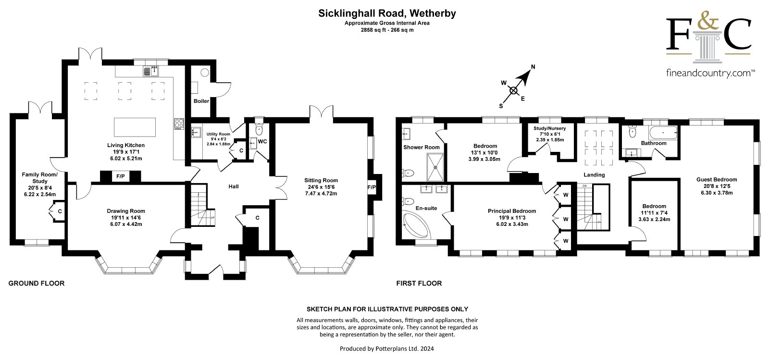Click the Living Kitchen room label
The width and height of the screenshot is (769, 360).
coord(125,145)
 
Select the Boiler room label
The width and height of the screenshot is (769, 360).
coord(201,101)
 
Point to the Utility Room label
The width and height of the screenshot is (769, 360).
coord(219,134)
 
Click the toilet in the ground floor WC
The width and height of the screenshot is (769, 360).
coord(259,129)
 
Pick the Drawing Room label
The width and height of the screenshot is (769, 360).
coord(126,211)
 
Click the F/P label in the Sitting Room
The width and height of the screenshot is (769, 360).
coord(372,187)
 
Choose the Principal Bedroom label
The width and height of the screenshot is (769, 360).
coord(512,211)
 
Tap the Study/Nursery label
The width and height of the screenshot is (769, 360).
coord(550,128)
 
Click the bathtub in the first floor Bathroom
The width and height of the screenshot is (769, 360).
coord(663,131)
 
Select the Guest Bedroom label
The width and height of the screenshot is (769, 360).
coord(717,180)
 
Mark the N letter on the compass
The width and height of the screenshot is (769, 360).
coord(533,67)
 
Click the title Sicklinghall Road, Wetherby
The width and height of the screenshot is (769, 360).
coord(387,13)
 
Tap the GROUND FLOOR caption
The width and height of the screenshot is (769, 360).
coord(37,284)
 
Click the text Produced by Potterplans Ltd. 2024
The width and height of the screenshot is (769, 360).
coord(387,348)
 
